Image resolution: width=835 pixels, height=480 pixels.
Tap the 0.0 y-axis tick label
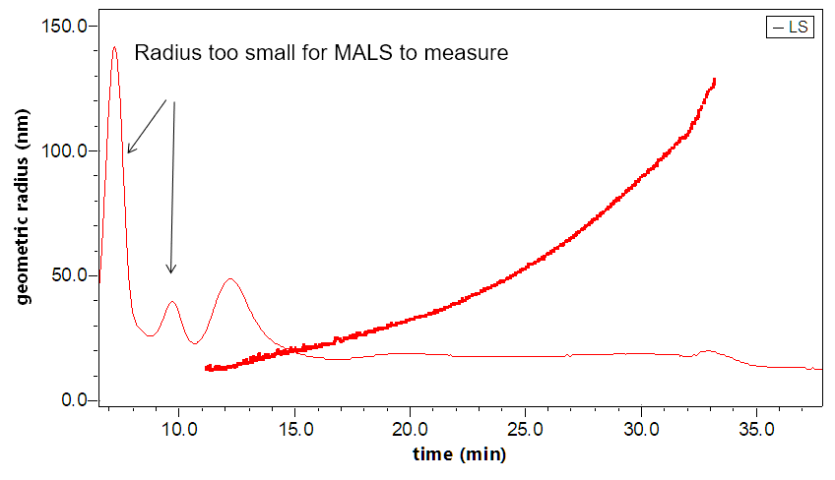tap(74, 400)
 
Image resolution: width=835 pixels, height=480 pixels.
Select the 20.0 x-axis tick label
tap(411, 430)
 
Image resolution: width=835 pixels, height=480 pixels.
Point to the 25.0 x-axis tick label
tap(526, 430)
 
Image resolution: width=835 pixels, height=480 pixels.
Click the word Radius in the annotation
tap(162, 53)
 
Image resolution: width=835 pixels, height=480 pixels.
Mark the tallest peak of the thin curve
tap(114, 47)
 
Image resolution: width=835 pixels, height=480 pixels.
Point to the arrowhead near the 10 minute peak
tap(171, 270)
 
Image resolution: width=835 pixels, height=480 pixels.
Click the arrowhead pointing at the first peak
tap(129, 150)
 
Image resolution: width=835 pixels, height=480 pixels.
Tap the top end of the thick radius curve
tap(713, 80)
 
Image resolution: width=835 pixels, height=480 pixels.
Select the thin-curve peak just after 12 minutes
tap(231, 279)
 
